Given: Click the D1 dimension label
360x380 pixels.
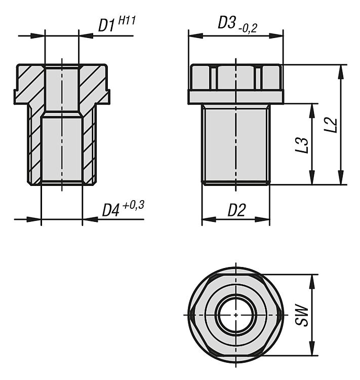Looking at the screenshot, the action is [x=106, y=26].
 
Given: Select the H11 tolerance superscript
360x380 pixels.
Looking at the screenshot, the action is [x=127, y=20].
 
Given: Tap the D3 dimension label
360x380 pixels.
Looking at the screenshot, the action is [x=227, y=23].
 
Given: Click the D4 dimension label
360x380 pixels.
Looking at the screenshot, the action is [x=111, y=210].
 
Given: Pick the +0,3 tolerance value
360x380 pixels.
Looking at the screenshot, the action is [x=134, y=206].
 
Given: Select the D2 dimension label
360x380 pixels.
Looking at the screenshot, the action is [x=236, y=210].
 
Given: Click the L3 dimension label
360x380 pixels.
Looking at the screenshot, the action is [x=302, y=145].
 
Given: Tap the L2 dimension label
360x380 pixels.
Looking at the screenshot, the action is [x=331, y=125].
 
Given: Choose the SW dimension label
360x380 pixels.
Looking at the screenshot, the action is [x=302, y=315].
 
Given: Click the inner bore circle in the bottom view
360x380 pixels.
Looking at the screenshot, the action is [x=236, y=315].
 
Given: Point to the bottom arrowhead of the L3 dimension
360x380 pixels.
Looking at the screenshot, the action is [x=312, y=178].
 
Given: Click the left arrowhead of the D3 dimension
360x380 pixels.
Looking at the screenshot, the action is [x=195, y=35].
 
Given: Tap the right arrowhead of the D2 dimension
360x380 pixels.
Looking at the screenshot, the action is [x=262, y=219].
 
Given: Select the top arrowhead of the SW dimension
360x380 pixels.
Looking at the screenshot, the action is [x=312, y=282].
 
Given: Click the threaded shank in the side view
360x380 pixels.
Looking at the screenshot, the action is [x=236, y=144].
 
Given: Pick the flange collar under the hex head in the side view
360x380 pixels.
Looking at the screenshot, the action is [x=236, y=97].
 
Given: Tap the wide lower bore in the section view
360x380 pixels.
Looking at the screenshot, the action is [x=62, y=149].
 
